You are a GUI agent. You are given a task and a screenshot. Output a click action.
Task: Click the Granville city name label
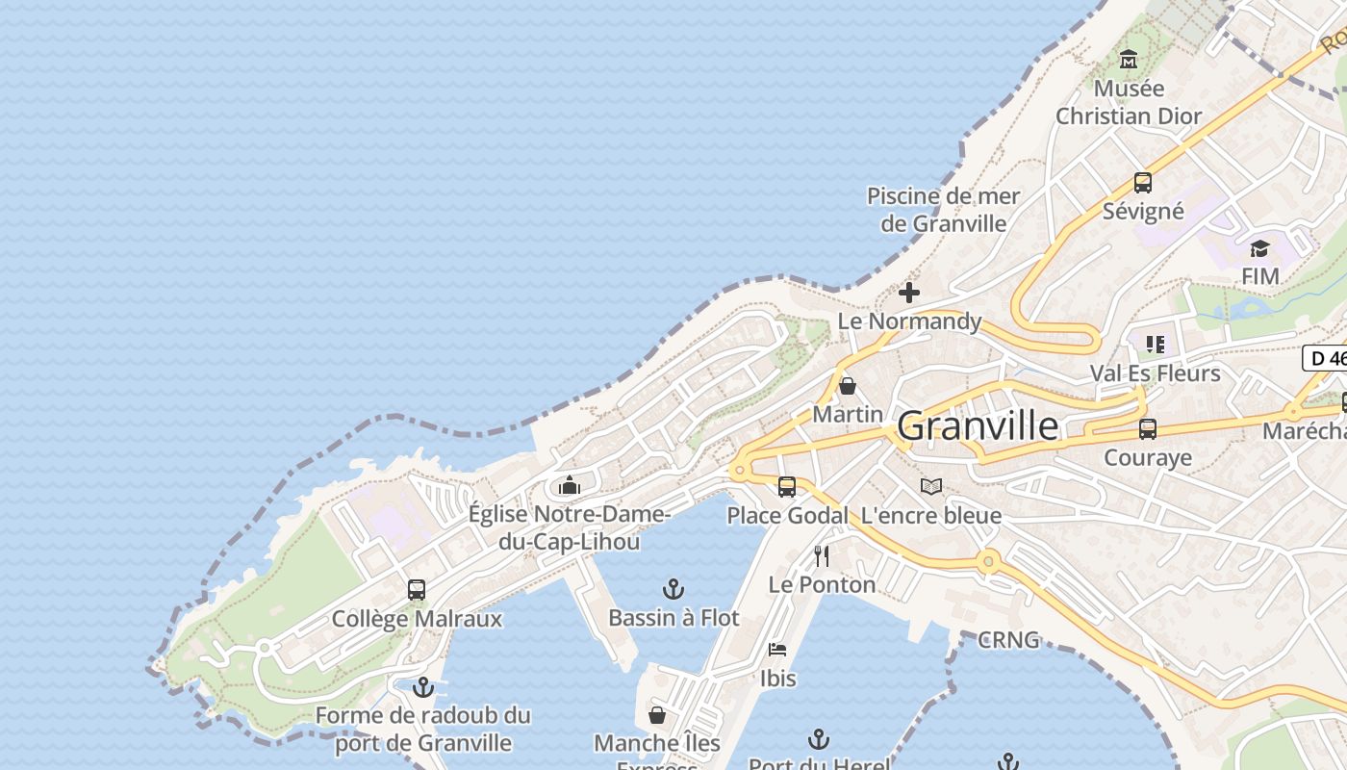[978, 425]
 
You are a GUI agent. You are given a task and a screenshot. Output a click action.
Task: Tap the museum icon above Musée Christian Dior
[1129, 60]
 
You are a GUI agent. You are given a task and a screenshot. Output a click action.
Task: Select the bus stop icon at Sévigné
[1143, 182]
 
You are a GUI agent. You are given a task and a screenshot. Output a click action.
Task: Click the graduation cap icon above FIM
[1259, 249]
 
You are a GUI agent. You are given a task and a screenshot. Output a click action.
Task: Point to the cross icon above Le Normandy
[908, 293]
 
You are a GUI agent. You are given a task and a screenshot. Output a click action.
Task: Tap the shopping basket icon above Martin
[848, 386]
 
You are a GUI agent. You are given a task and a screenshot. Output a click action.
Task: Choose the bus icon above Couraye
[1148, 429]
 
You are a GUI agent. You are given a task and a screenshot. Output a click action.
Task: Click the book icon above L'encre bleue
[930, 487]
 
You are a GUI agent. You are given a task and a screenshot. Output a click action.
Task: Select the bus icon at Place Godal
[787, 487]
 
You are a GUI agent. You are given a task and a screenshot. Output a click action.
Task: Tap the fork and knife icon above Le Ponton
[822, 556]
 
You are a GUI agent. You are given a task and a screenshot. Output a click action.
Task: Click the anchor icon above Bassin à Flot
[673, 589]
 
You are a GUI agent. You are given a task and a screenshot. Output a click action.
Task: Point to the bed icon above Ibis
[777, 650]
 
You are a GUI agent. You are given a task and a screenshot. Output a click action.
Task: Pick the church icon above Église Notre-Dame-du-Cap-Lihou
[570, 484]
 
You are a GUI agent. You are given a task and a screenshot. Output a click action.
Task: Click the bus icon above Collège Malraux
[417, 590]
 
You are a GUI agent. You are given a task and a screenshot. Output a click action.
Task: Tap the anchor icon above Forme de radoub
[422, 687]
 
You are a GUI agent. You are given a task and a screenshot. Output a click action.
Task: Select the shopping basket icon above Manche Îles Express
[657, 715]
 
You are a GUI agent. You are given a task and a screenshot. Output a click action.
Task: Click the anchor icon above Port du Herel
[818, 738]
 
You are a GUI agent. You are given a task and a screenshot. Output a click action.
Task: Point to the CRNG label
[1008, 639]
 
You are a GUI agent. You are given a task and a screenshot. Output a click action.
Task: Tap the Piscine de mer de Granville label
[943, 210]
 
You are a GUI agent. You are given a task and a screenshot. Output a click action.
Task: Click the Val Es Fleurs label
[1155, 372]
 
